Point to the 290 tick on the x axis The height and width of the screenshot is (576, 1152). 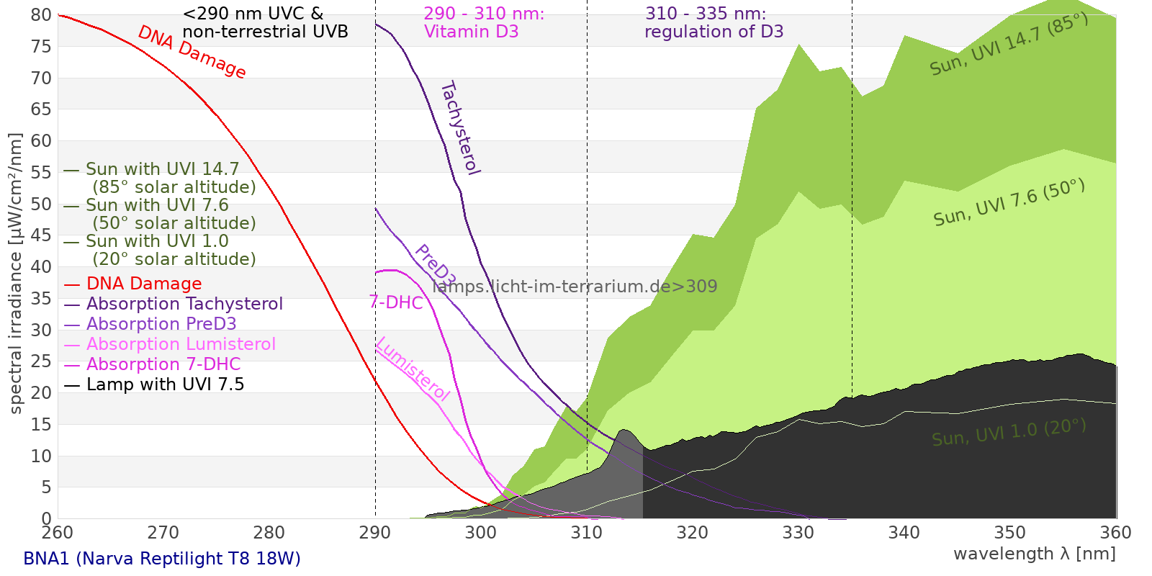(x=375, y=533)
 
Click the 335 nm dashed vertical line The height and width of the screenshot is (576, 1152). (x=852, y=216)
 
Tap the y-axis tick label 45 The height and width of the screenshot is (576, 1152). (x=42, y=235)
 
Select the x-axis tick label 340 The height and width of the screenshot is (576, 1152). (x=904, y=533)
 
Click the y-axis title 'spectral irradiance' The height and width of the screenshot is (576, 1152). (x=16, y=274)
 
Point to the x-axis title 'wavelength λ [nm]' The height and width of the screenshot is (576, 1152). (x=1035, y=554)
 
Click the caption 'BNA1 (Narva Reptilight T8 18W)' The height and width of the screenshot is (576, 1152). (x=162, y=559)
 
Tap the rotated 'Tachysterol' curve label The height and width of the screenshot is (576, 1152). (x=459, y=128)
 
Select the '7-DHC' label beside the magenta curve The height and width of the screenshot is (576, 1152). (x=396, y=302)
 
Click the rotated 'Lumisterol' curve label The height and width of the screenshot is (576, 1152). (x=413, y=369)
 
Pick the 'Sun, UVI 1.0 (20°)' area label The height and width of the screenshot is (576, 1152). (x=1009, y=433)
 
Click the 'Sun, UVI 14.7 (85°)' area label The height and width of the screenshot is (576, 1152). (x=1009, y=44)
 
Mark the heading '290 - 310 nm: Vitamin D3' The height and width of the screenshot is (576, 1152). (x=483, y=23)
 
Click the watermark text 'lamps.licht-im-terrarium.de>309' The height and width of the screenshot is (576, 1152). (x=575, y=287)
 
